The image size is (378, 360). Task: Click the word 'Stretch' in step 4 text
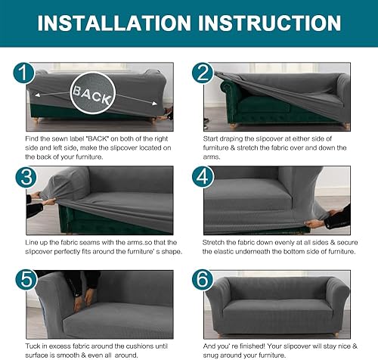coord(215,242)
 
